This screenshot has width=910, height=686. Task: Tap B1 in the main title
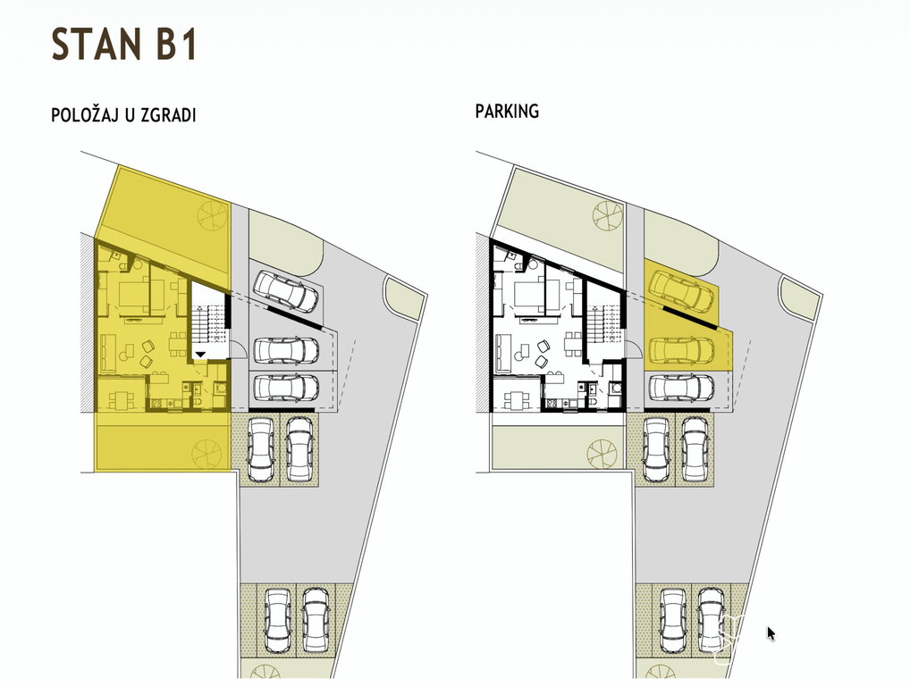(x=176, y=44)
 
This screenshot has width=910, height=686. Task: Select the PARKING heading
(x=507, y=111)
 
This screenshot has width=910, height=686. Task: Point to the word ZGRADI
(x=172, y=115)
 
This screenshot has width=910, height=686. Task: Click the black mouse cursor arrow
(x=771, y=633)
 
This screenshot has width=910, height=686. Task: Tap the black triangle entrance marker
(x=200, y=354)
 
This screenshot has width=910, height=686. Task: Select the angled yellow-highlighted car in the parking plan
(x=681, y=289)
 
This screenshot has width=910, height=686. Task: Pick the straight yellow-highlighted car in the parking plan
(x=681, y=350)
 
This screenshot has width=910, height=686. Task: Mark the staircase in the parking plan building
(x=605, y=325)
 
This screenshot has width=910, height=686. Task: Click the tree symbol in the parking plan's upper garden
(x=608, y=216)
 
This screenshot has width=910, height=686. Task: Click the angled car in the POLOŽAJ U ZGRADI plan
(x=285, y=290)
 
